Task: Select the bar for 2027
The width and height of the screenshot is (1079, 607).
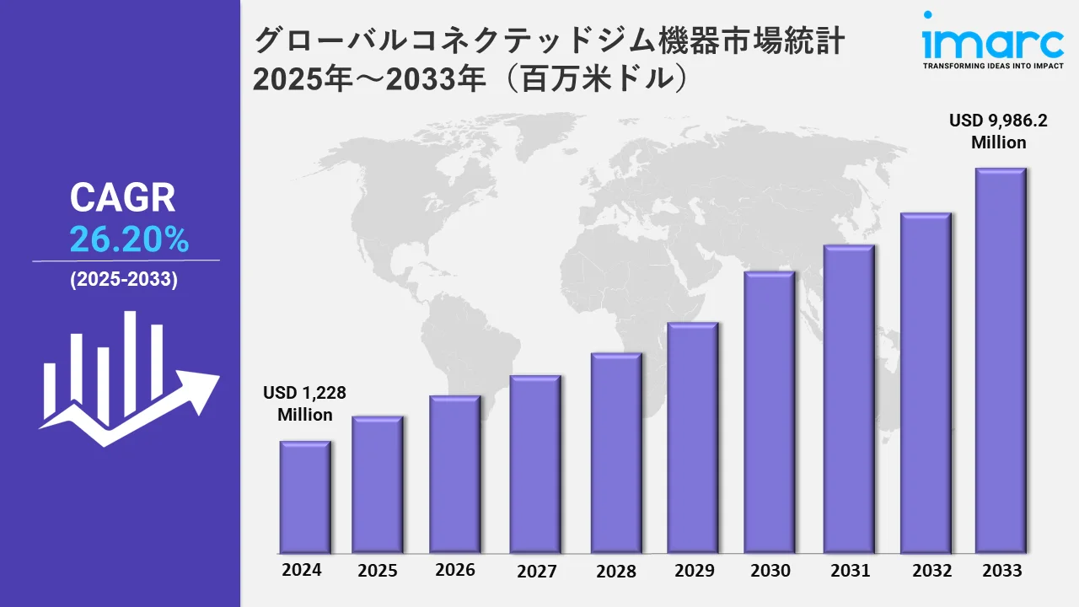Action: coord(535,464)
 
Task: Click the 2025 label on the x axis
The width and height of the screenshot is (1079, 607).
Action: coord(378,571)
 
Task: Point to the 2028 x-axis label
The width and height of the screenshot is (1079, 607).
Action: coord(616,571)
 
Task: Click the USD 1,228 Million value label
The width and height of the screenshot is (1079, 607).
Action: coord(305,404)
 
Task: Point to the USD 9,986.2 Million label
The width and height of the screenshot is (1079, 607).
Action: coord(998,132)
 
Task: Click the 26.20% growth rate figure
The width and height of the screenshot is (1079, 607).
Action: coord(129,241)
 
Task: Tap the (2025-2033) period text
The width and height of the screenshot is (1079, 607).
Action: coord(124,281)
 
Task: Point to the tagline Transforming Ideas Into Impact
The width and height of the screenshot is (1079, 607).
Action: coord(992,66)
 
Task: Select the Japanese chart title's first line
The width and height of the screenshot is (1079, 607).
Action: coord(549,40)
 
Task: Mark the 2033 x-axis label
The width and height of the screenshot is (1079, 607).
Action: coord(1001,571)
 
